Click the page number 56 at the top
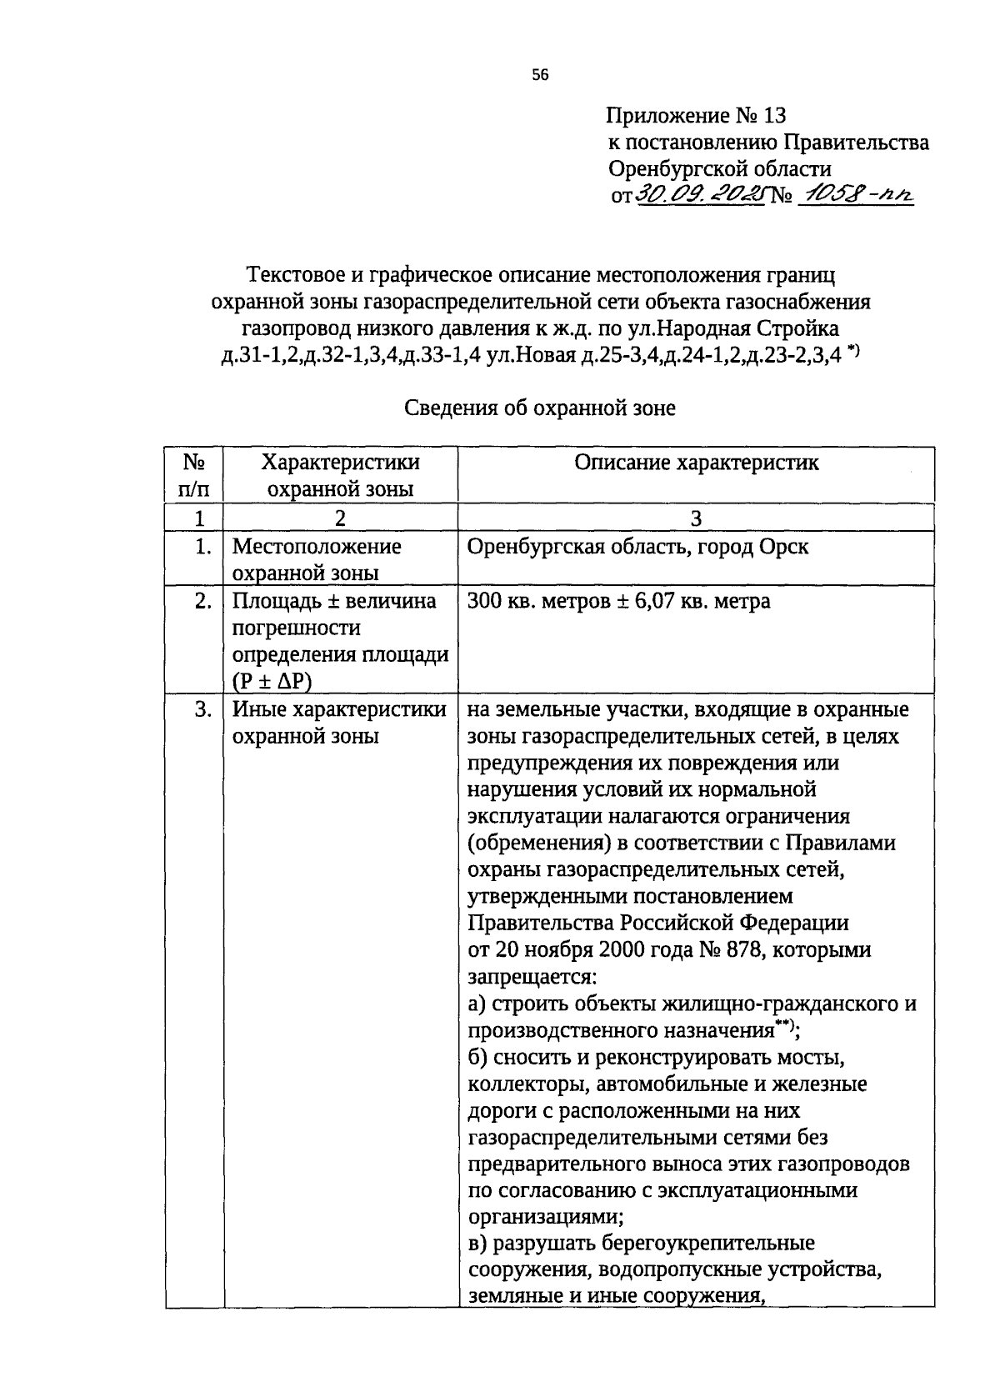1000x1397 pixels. (540, 75)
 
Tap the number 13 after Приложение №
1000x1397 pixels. (772, 115)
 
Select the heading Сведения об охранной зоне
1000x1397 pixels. (540, 408)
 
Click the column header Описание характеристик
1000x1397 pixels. (696, 463)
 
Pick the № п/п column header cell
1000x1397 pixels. (193, 475)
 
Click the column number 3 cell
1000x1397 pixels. (696, 518)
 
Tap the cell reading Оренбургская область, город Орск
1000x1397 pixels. (637, 548)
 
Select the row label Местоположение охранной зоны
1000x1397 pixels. (316, 560)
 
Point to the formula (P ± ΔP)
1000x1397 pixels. (272, 681)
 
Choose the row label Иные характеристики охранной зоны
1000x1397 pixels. (338, 723)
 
